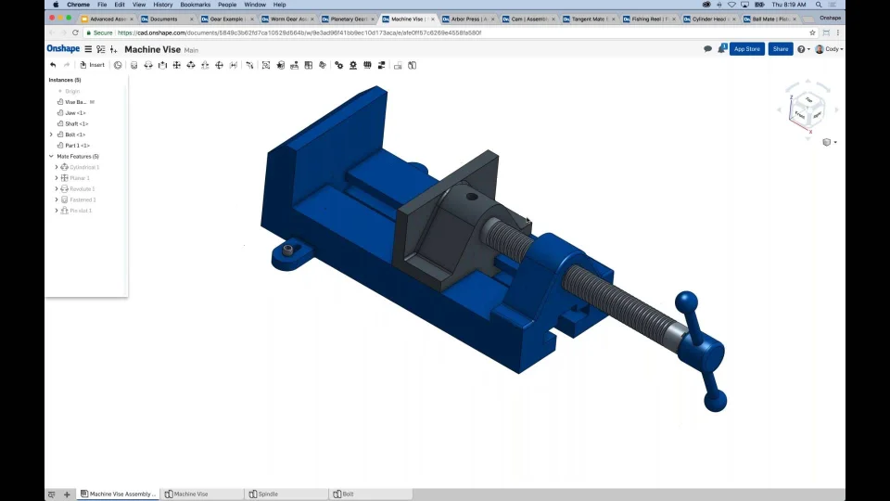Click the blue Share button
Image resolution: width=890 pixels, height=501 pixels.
pyautogui.click(x=781, y=49)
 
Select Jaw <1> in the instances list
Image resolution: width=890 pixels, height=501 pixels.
pyautogui.click(x=75, y=113)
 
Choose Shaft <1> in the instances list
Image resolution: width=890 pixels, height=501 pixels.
pyautogui.click(x=77, y=123)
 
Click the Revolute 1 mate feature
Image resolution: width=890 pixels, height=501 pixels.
pyautogui.click(x=82, y=189)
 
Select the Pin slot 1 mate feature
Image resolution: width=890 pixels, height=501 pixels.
pyautogui.click(x=81, y=211)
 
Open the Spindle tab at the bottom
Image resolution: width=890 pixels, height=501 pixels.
pyautogui.click(x=267, y=495)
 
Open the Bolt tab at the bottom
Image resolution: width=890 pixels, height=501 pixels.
pyautogui.click(x=348, y=495)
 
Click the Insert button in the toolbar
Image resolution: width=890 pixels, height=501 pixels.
pyautogui.click(x=92, y=65)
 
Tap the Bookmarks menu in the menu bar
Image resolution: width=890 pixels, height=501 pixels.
pyautogui.click(x=195, y=5)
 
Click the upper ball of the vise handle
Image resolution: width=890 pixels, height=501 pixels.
pyautogui.click(x=686, y=302)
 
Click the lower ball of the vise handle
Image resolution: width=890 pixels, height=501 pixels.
pyautogui.click(x=715, y=401)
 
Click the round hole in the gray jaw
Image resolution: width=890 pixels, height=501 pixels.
pyautogui.click(x=471, y=197)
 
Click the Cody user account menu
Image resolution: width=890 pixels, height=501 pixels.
pyautogui.click(x=829, y=49)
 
